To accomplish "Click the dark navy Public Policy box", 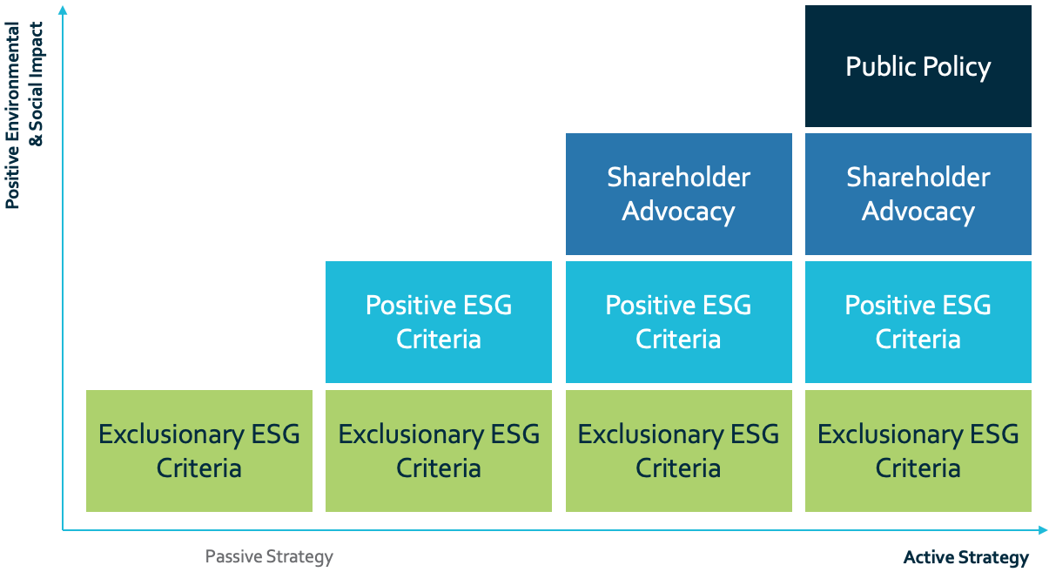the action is [x=918, y=66].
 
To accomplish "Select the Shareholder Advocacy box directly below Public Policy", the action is [x=918, y=194].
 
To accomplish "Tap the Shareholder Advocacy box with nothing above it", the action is [x=678, y=194].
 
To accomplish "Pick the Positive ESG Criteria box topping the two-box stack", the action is [x=439, y=322].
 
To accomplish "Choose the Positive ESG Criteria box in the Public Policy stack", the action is [x=918, y=322].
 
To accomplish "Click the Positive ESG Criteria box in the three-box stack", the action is [x=678, y=322].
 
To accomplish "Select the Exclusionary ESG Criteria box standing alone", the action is [x=199, y=451].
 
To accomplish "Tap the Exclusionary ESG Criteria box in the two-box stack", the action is [x=439, y=451].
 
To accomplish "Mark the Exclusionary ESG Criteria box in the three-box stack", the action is [x=678, y=451].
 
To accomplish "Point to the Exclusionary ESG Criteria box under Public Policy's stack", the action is [x=918, y=451].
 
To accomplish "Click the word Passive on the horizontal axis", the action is [x=233, y=556].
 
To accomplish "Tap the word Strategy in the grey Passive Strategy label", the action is [x=299, y=557].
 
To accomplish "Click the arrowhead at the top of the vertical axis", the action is [x=63, y=10].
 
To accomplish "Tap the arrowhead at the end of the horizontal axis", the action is [x=1042, y=530].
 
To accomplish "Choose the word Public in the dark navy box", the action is [x=881, y=66].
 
